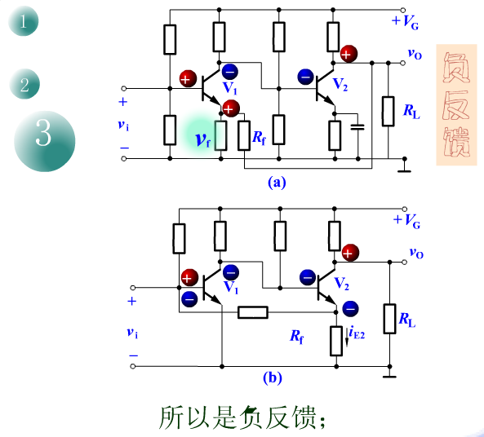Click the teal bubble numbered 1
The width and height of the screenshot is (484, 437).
point(23,21)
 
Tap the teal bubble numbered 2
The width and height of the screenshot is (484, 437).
point(24,84)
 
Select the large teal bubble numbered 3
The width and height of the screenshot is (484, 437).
point(44,141)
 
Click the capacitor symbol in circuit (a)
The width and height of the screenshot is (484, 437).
point(357,126)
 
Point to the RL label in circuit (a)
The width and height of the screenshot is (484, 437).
point(412,112)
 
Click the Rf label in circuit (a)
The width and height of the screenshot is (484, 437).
point(259,138)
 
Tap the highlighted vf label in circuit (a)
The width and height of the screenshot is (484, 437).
point(202,140)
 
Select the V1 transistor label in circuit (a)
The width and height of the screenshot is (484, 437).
point(230,87)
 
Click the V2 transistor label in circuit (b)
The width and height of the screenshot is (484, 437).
point(342,284)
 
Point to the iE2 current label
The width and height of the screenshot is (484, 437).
point(357,333)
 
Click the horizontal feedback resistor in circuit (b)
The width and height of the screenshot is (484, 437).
point(253,312)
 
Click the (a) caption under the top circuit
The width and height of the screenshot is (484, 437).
point(277,183)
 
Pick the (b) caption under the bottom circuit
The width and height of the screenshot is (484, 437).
point(273,377)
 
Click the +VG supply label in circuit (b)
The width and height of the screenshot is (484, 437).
point(406,221)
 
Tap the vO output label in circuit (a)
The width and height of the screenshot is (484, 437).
point(415,54)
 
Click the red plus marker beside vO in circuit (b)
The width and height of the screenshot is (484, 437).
point(350,253)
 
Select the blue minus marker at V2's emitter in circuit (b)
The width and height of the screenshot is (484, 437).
point(350,308)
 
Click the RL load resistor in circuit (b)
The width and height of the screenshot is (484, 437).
point(389,319)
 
